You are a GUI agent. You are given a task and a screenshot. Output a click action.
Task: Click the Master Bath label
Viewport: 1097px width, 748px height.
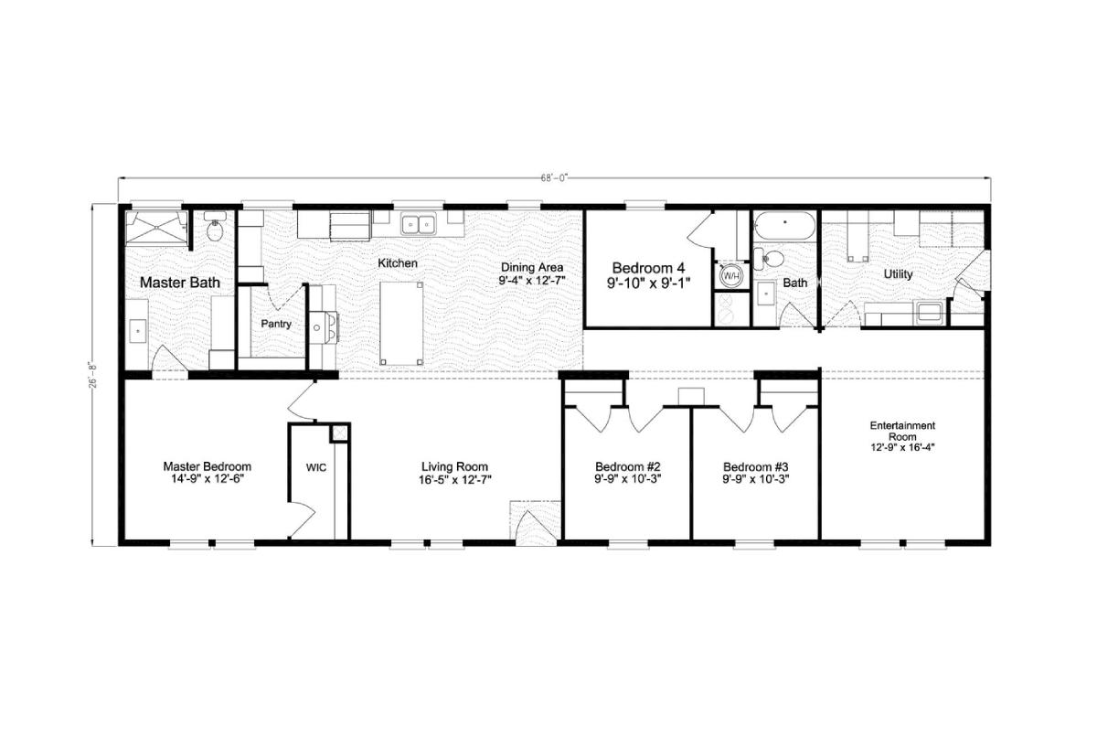click(179, 283)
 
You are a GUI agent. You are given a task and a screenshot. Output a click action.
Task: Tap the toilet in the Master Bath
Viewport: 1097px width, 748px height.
click(216, 230)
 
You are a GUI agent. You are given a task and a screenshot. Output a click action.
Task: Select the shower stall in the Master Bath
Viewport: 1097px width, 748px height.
click(156, 228)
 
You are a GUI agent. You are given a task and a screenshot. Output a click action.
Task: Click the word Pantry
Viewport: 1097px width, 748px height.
click(275, 325)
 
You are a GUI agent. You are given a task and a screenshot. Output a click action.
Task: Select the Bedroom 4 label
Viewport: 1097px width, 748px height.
click(648, 268)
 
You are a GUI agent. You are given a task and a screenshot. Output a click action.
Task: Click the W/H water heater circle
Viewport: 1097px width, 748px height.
click(731, 274)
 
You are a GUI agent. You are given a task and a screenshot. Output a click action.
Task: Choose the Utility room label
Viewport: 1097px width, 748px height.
click(898, 274)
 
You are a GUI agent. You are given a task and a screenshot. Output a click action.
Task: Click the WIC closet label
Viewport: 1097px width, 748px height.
click(315, 467)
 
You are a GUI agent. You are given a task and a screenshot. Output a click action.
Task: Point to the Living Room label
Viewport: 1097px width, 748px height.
click(454, 466)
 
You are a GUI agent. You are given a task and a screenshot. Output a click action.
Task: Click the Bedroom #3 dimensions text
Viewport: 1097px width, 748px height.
click(755, 478)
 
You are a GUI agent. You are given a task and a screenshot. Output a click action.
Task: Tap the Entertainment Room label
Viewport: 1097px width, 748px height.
click(902, 431)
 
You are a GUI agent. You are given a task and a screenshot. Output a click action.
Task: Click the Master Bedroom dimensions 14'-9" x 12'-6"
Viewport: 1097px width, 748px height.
click(207, 478)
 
